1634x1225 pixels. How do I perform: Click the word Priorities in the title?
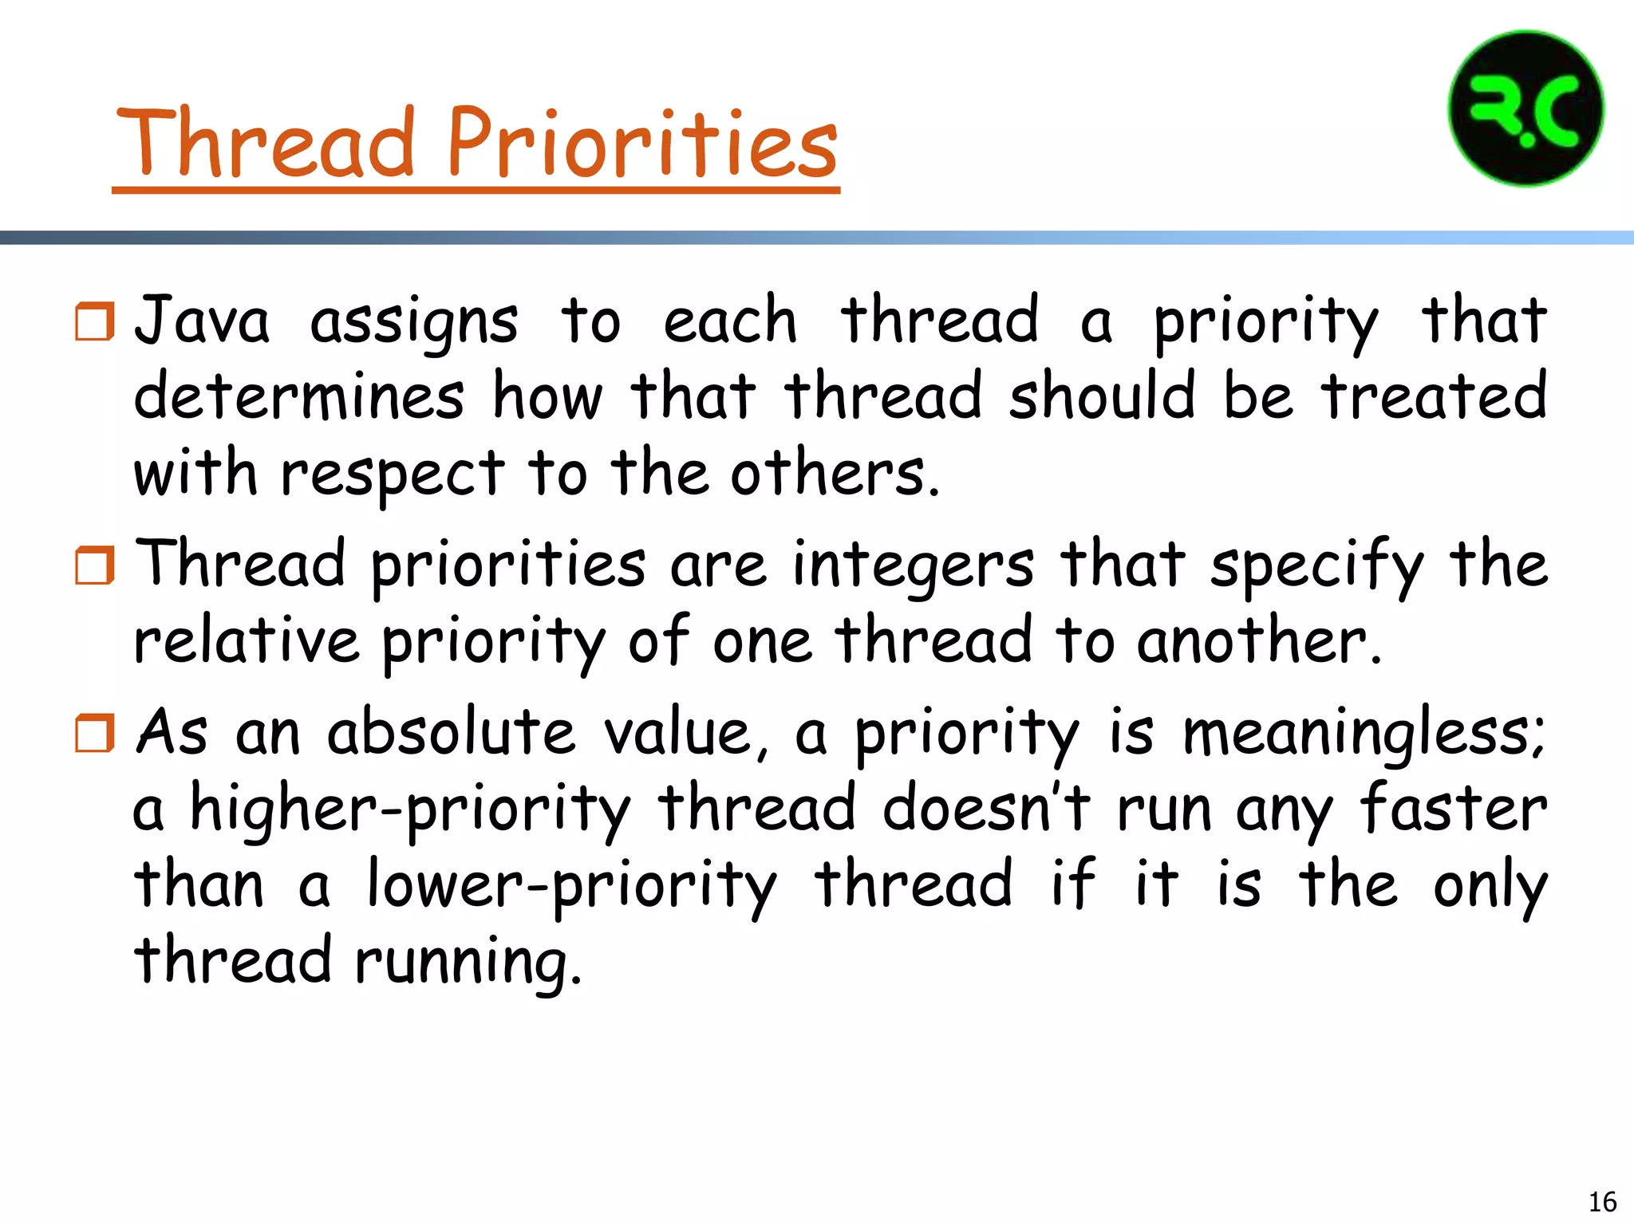point(642,144)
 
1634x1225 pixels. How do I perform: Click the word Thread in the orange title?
point(266,144)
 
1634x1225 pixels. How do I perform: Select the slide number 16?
point(1602,1201)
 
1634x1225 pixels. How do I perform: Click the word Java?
point(202,321)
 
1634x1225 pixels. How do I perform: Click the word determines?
point(298,396)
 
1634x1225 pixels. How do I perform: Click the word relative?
point(247,640)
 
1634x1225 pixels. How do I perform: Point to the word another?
point(1258,640)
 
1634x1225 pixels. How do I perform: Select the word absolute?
point(451,732)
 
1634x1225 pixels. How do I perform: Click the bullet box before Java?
point(95,321)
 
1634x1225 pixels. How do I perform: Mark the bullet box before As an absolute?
point(95,733)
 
